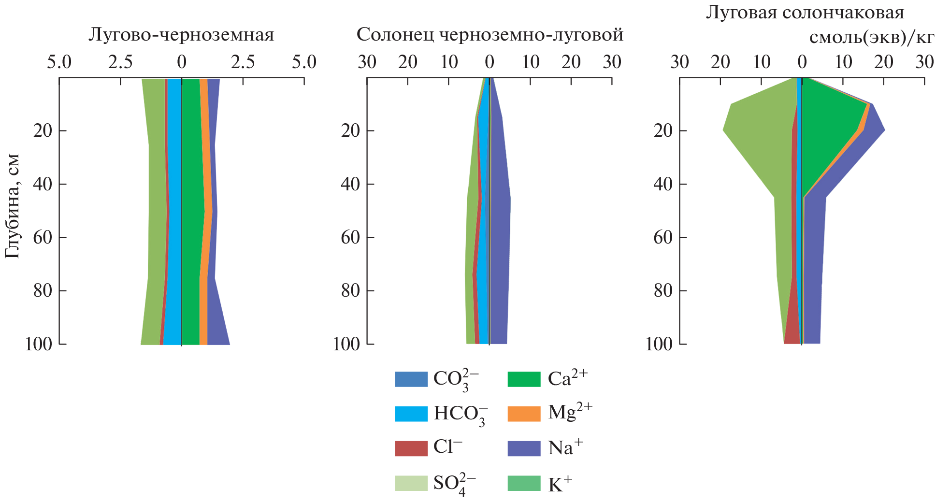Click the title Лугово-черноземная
tap(181, 35)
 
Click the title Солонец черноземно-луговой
tap(490, 35)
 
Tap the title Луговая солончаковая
tap(805, 12)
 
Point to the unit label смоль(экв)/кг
tap(871, 37)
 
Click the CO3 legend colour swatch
tap(411, 379)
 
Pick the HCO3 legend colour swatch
tap(411, 414)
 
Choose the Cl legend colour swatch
tap(411, 448)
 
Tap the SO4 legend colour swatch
tap(411, 483)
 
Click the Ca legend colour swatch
tap(524, 379)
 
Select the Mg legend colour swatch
tap(524, 414)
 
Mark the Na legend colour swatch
tap(524, 448)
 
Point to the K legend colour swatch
tap(524, 483)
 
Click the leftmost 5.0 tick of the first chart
tap(59, 62)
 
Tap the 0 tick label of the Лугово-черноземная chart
tap(181, 62)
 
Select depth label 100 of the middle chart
tap(346, 344)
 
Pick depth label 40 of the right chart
tap(663, 184)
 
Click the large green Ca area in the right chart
tap(826, 126)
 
